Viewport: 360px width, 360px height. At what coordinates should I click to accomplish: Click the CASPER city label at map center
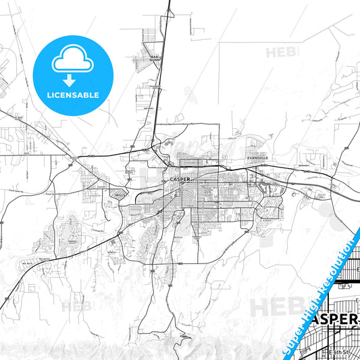[x=179, y=179]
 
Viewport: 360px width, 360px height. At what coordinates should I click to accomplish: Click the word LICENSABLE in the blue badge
[x=72, y=95]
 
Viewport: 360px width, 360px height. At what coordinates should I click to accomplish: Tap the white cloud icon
[x=72, y=62]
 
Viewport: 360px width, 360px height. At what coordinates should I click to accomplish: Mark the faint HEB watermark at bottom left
[x=76, y=305]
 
